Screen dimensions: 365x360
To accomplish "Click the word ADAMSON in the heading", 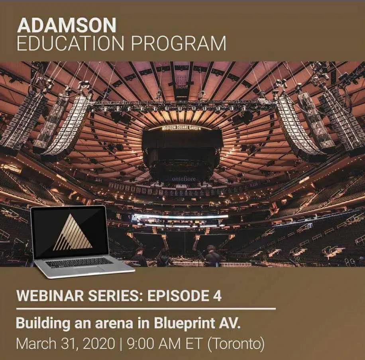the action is tap(67, 25).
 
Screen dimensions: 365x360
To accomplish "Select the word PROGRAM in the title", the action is tap(179, 43).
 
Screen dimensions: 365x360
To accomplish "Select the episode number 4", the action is tap(217, 296).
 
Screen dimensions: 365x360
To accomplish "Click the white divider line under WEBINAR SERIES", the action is tap(146, 309).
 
